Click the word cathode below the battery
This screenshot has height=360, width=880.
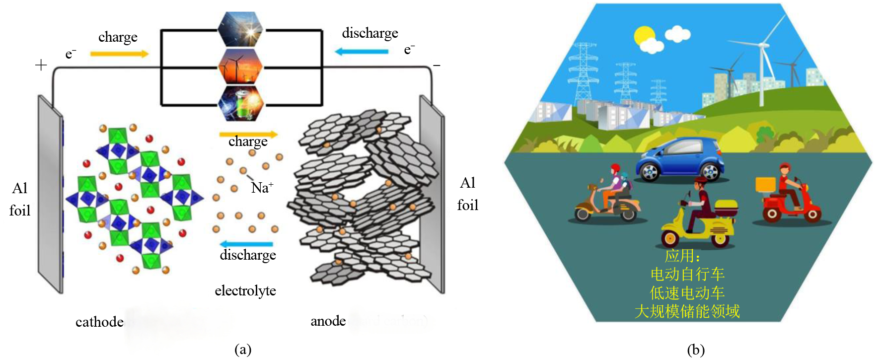tap(99, 322)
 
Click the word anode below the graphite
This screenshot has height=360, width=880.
tap(328, 321)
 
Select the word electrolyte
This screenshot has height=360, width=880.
tap(245, 290)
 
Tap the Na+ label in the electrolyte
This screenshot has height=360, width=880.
tap(262, 188)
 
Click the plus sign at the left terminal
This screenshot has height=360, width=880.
tap(41, 65)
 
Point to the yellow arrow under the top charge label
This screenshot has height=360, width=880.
tap(119, 54)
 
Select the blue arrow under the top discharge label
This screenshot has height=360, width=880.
tap(362, 51)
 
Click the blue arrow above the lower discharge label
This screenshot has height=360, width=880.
tap(246, 244)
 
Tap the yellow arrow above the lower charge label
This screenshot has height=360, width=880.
tap(248, 134)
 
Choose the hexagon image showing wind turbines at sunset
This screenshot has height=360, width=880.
tap(240, 67)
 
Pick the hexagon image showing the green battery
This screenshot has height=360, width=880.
tap(240, 103)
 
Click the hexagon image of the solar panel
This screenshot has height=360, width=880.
tap(240, 29)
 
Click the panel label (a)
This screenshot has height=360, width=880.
tap(243, 350)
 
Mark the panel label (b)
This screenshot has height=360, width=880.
tap(696, 350)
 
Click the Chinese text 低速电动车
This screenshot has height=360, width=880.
tap(687, 293)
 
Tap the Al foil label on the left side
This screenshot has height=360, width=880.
tap(20, 199)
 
